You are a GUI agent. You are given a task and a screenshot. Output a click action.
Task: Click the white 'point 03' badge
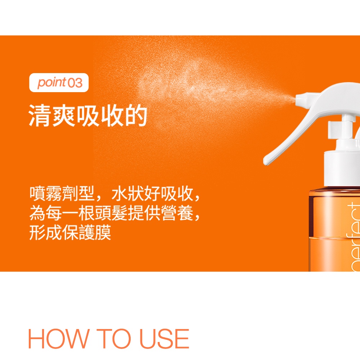[59, 83]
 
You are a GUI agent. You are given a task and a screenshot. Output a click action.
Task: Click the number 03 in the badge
[75, 83]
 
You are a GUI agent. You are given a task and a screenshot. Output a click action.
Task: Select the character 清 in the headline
[40, 115]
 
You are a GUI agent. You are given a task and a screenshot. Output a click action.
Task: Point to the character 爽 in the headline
[64, 115]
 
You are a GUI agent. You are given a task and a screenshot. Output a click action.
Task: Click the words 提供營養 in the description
[160, 213]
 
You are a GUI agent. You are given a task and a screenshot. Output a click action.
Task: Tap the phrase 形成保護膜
[70, 233]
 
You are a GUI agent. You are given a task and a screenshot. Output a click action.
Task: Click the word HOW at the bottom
[58, 339]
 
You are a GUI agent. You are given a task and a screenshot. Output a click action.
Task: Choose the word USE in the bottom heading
[165, 339]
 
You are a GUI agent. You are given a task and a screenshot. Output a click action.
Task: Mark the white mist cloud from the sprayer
[207, 87]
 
